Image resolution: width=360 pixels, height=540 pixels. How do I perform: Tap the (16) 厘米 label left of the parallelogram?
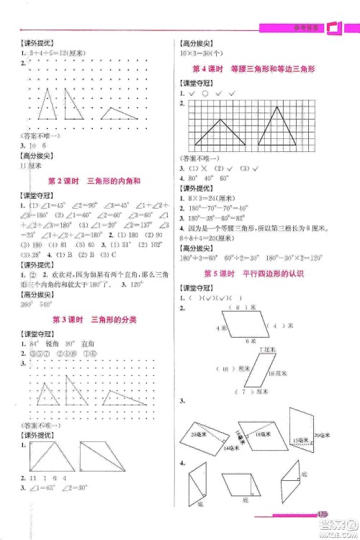[x=230, y=368]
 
